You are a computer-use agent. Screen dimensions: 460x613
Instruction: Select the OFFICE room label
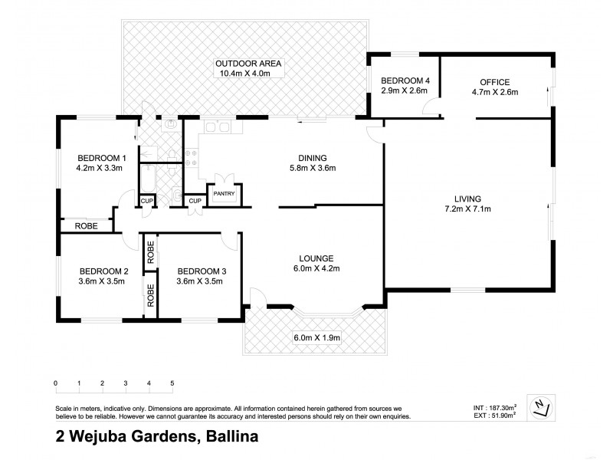click(494, 81)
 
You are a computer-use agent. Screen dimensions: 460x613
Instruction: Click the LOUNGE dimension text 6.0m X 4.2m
click(317, 268)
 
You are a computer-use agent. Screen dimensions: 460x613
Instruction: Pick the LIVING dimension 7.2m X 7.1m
click(467, 209)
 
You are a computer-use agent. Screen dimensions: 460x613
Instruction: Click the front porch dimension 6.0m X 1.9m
click(316, 338)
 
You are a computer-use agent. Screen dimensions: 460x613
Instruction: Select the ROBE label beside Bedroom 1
click(86, 226)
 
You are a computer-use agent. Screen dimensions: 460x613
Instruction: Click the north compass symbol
click(542, 408)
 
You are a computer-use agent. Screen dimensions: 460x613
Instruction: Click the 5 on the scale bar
click(172, 383)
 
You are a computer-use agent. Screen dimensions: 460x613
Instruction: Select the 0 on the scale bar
click(56, 383)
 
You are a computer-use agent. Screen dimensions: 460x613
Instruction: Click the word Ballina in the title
click(229, 438)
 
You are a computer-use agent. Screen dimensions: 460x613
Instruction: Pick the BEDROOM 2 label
click(103, 271)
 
